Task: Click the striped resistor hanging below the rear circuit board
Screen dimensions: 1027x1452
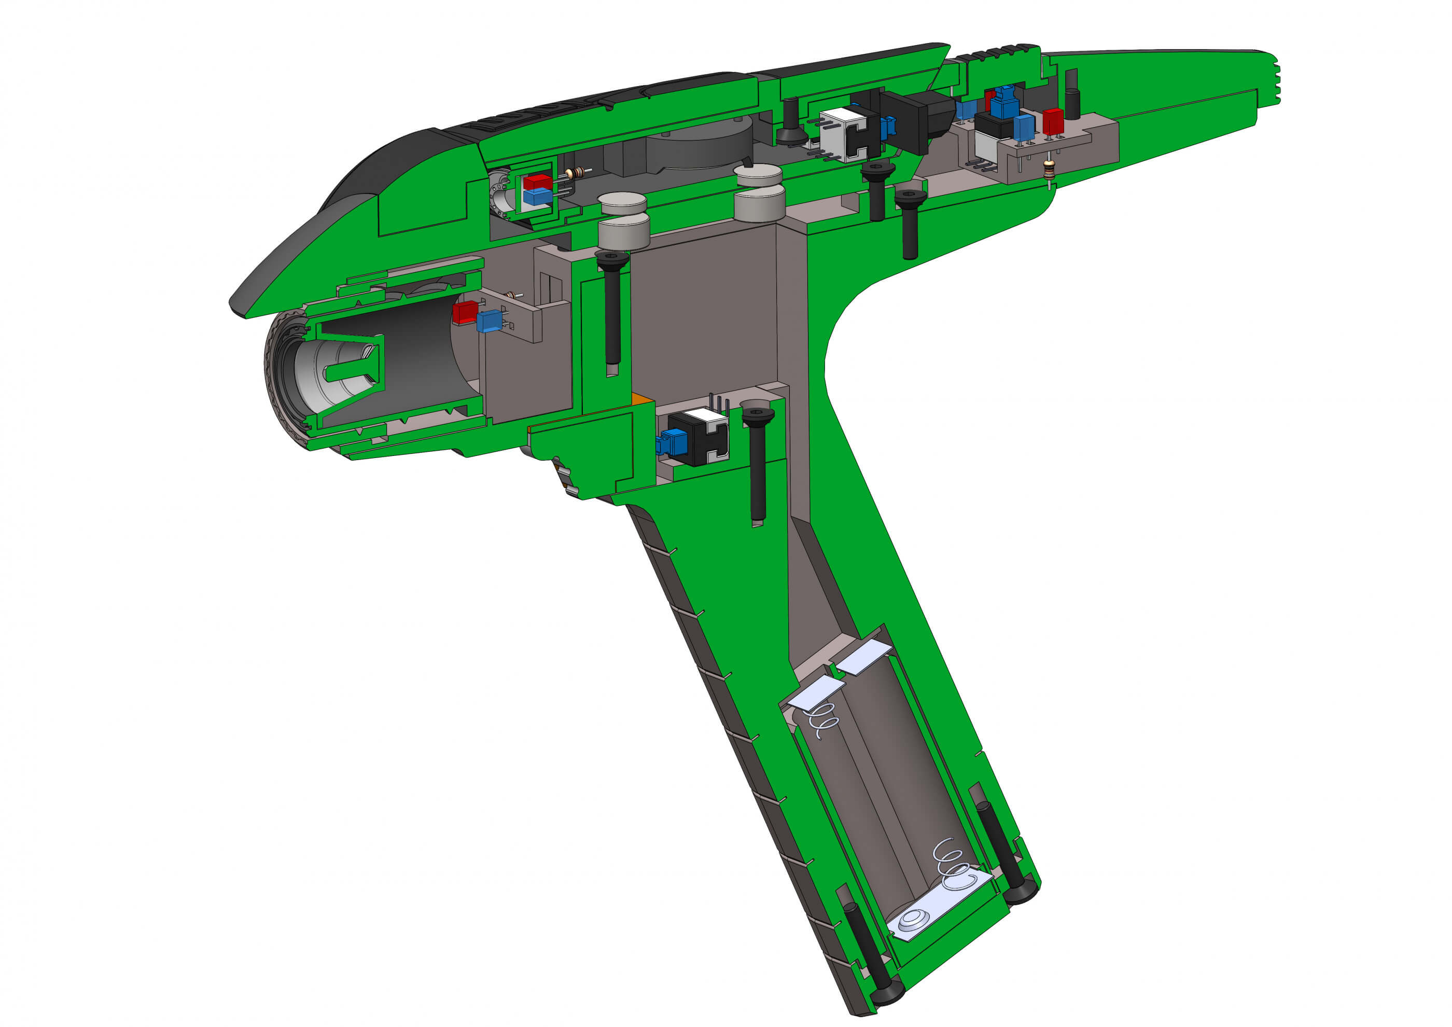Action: point(1051,170)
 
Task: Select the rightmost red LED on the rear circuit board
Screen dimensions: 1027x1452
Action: point(1053,121)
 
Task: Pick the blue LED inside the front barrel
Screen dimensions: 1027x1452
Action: point(488,321)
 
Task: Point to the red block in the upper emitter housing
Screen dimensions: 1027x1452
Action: point(538,182)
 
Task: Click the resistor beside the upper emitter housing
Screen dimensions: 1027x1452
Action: point(575,173)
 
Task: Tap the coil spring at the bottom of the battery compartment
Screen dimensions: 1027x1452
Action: point(954,865)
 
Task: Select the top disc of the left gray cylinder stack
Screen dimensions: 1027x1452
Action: point(623,202)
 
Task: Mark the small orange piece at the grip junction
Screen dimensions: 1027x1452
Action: point(640,398)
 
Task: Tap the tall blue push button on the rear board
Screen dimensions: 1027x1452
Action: point(1003,103)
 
